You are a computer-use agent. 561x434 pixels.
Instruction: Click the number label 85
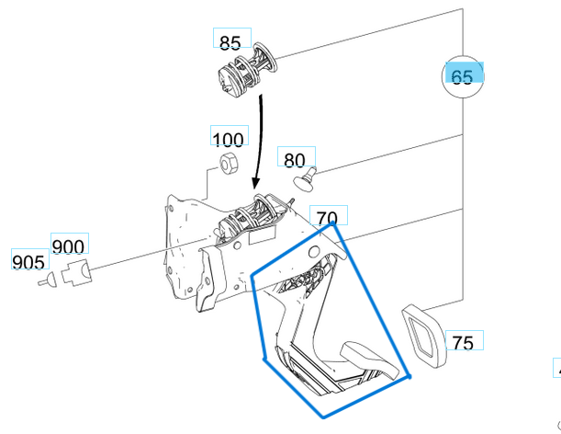click(230, 41)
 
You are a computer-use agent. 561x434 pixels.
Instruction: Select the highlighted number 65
click(464, 75)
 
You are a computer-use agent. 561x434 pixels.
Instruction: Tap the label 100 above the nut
click(228, 139)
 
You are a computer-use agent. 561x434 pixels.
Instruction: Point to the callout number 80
click(294, 160)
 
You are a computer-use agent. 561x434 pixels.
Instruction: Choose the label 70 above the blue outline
click(328, 218)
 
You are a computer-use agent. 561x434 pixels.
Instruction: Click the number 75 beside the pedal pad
click(464, 342)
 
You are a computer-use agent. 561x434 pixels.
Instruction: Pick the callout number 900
click(69, 246)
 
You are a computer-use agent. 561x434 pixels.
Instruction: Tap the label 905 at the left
click(28, 262)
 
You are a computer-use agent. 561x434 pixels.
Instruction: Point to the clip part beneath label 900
click(77, 271)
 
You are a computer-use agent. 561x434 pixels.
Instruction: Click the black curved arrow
click(260, 138)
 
